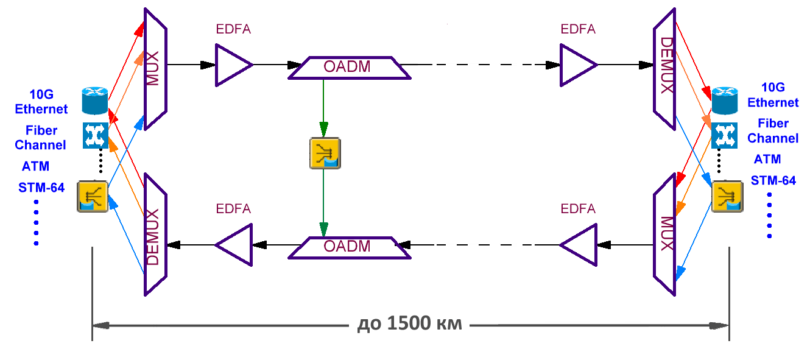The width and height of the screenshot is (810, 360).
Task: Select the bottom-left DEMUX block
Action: [155, 237]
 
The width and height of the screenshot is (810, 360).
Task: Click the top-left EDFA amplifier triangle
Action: [232, 64]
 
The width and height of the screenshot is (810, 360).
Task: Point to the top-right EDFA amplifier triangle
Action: [577, 64]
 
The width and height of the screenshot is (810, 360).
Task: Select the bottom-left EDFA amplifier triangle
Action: [235, 245]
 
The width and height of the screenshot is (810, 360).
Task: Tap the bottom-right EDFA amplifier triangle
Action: [580, 245]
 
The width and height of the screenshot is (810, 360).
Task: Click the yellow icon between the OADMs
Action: [325, 153]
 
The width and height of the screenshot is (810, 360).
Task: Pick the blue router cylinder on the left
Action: [94, 101]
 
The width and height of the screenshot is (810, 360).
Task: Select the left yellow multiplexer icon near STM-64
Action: [93, 196]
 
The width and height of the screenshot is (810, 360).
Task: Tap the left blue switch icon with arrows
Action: [96, 135]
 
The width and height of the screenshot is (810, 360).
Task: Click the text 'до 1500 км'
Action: [409, 324]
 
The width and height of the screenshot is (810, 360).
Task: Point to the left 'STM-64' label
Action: [41, 188]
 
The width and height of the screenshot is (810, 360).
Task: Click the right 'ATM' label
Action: [767, 160]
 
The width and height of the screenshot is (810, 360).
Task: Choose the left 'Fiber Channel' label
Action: [41, 138]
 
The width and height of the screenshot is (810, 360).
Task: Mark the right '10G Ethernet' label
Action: [773, 95]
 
